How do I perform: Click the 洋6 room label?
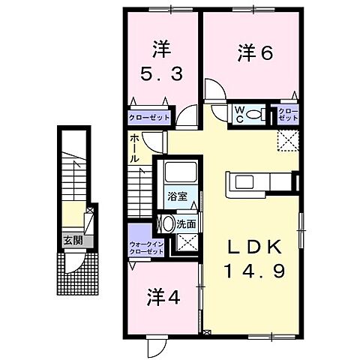(x=255, y=52)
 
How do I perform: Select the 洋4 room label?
(x=163, y=296)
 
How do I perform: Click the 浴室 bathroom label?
(x=177, y=196)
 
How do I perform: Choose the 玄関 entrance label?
(x=72, y=241)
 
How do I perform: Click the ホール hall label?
(x=134, y=148)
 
